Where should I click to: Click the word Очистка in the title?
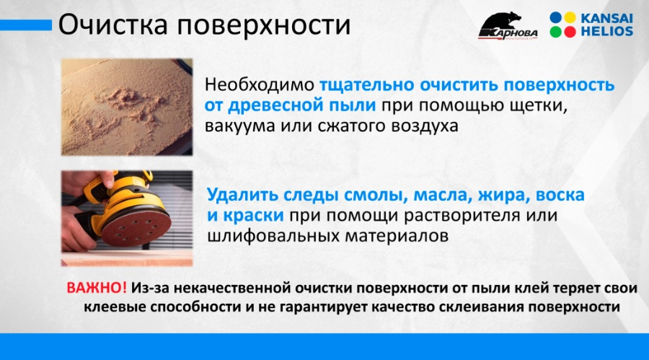(x=113, y=25)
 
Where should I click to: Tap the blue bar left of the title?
(x=26, y=25)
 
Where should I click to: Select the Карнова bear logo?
(x=508, y=26)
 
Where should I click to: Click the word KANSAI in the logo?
(x=606, y=19)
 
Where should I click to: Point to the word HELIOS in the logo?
(x=606, y=32)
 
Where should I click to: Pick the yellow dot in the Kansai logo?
(x=570, y=18)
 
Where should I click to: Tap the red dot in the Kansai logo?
(x=570, y=32)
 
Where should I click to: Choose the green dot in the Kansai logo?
(x=556, y=32)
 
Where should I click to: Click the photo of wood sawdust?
(x=127, y=107)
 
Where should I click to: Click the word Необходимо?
(x=260, y=84)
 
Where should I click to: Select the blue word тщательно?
(x=367, y=85)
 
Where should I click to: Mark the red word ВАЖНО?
(x=97, y=288)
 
